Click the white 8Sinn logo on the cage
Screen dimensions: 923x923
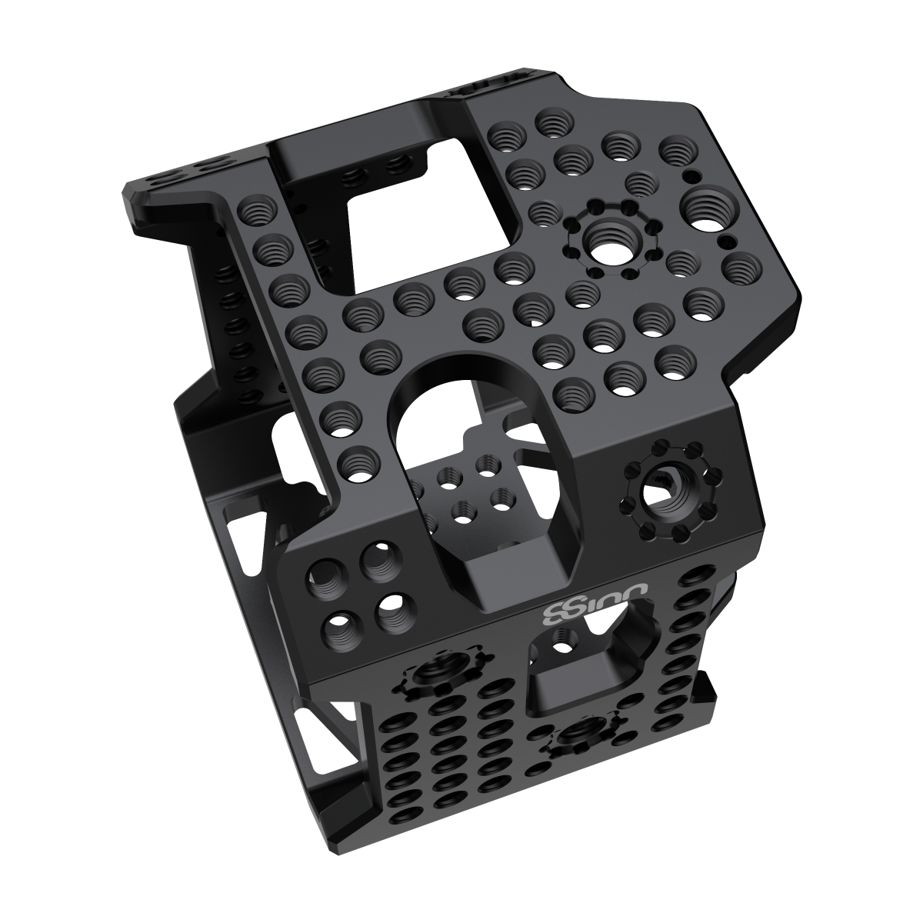click(595, 604)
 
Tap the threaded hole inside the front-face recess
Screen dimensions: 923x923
click(567, 638)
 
